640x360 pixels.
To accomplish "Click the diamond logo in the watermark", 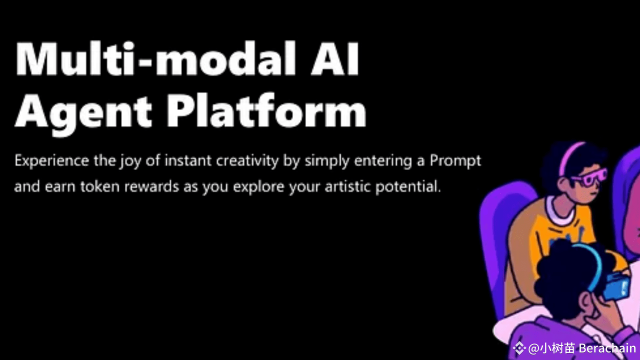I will pos(519,348).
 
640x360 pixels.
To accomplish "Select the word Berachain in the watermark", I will pos(607,348).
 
